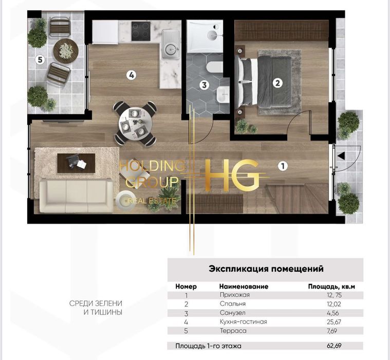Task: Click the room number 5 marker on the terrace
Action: click(x=40, y=60)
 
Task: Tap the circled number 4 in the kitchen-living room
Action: click(x=132, y=75)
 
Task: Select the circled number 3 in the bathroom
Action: click(x=204, y=85)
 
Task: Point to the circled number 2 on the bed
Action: click(x=277, y=83)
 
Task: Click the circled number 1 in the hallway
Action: click(x=283, y=166)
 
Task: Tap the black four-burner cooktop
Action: click(x=141, y=31)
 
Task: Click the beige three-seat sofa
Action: click(x=76, y=195)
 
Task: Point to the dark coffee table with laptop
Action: click(x=76, y=163)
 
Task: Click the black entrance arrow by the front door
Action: click(x=341, y=156)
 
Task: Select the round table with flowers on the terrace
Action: click(x=66, y=51)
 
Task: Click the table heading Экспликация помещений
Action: click(x=266, y=269)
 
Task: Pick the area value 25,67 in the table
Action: click(x=334, y=322)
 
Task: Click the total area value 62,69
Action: click(x=334, y=346)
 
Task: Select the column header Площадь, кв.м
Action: click(x=331, y=286)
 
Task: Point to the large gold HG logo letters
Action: click(x=231, y=175)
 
